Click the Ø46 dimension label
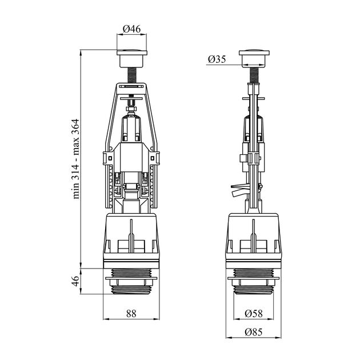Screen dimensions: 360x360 pyautogui.click(x=131, y=29)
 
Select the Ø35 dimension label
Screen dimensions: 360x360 pyautogui.click(x=217, y=59)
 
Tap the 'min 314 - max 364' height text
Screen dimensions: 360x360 pyautogui.click(x=76, y=159)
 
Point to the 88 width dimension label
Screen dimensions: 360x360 pyautogui.click(x=131, y=313)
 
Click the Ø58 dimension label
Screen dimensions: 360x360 pyautogui.click(x=254, y=313)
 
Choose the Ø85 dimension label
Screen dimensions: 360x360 pyautogui.click(x=254, y=332)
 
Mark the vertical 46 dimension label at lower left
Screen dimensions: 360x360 pyautogui.click(x=76, y=281)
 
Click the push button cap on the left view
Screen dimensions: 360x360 pyautogui.click(x=132, y=58)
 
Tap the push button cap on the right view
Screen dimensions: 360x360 pyautogui.click(x=254, y=58)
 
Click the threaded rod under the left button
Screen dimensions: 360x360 pyautogui.click(x=132, y=75)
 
